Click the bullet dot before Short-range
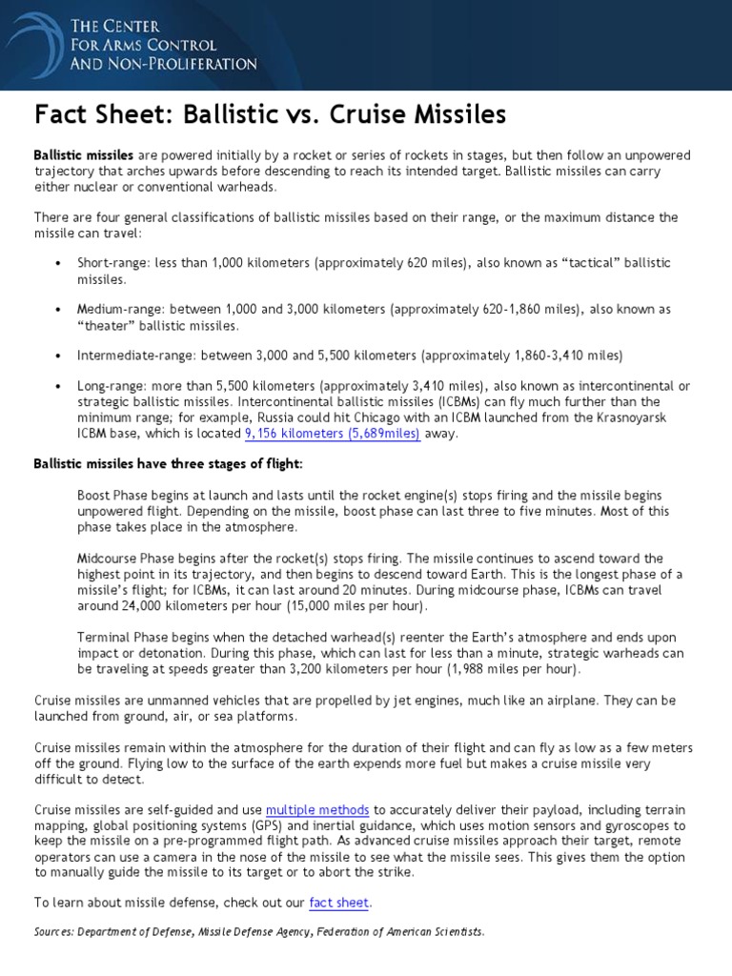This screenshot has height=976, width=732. [58, 262]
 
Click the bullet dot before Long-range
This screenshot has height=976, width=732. [58, 386]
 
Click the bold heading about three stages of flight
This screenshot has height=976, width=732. [169, 463]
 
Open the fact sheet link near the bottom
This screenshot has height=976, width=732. [339, 902]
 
